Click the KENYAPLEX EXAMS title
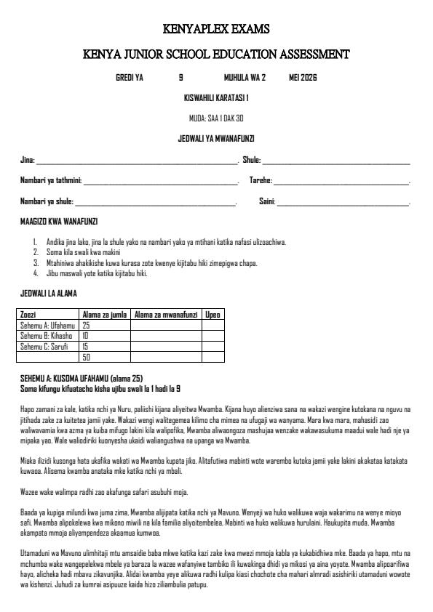(216, 29)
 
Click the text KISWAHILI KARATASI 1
(216, 97)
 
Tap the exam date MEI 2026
(303, 77)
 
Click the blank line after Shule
(336, 161)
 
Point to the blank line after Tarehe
(341, 182)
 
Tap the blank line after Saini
(343, 202)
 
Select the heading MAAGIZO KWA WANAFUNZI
(59, 221)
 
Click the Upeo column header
(212, 315)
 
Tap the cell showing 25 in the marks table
(86, 326)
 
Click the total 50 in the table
(86, 357)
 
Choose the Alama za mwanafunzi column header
(165, 315)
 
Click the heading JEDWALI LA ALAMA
(48, 294)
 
